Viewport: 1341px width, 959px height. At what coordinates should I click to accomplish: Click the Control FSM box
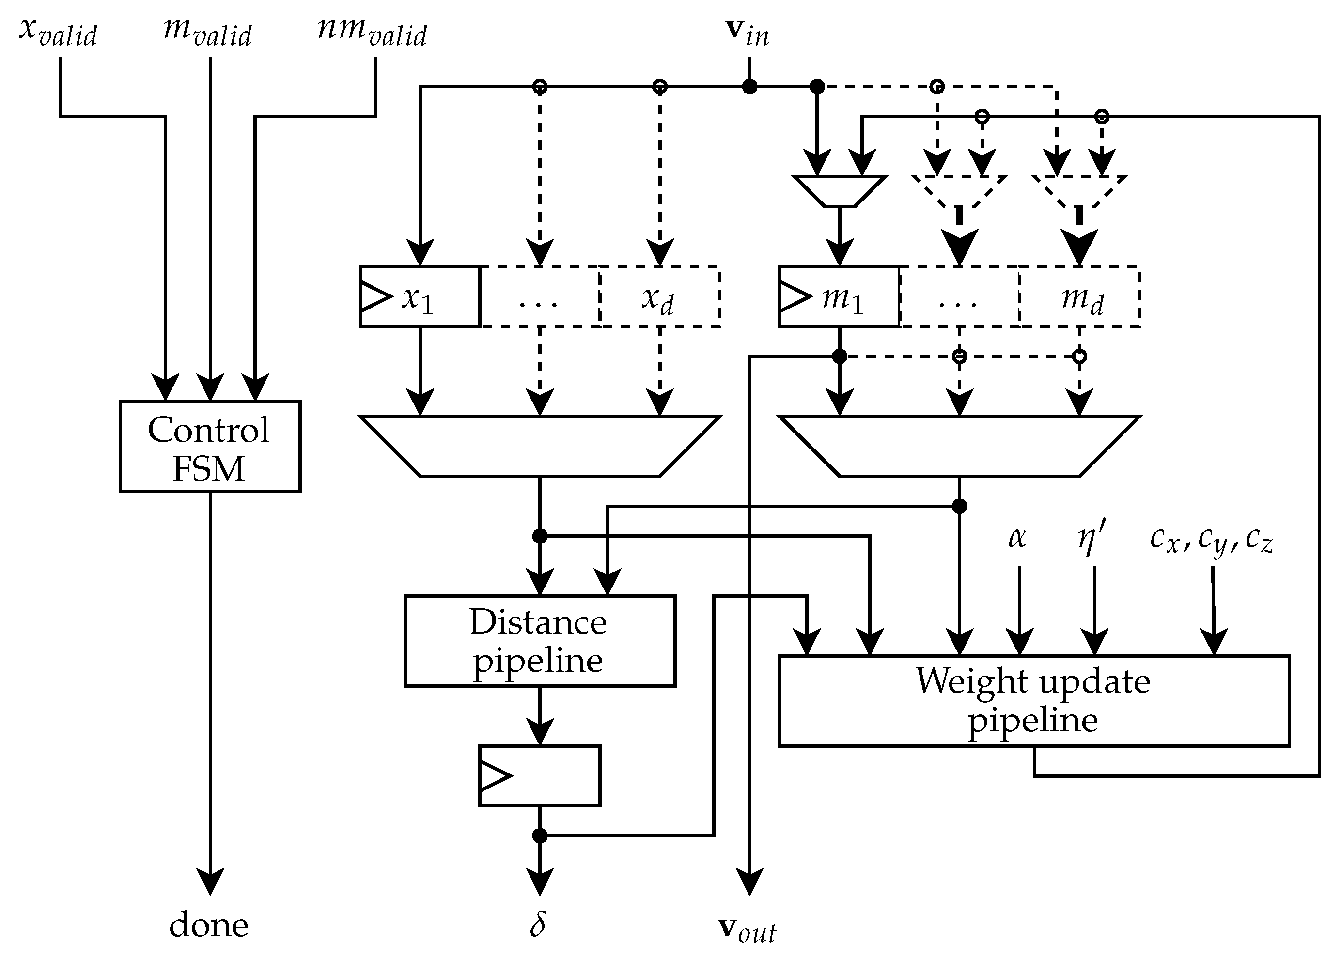(210, 446)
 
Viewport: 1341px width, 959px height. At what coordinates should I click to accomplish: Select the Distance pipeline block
(539, 641)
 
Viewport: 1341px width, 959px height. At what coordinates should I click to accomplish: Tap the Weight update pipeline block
(1033, 701)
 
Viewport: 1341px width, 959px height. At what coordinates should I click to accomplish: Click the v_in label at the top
(747, 32)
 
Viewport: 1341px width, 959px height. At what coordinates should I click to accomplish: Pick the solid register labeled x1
(419, 296)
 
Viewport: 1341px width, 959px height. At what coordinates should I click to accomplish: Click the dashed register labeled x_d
(659, 296)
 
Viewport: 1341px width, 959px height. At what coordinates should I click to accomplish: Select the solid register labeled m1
(839, 296)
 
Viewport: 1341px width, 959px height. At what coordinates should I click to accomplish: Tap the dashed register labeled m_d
(1079, 296)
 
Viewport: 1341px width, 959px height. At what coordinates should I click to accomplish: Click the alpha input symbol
(1017, 537)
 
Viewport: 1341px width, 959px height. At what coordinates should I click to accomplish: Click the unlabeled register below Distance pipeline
(539, 775)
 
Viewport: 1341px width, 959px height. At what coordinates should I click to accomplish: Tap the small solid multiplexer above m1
(839, 191)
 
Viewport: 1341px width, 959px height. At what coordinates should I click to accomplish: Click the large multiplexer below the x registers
(539, 446)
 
